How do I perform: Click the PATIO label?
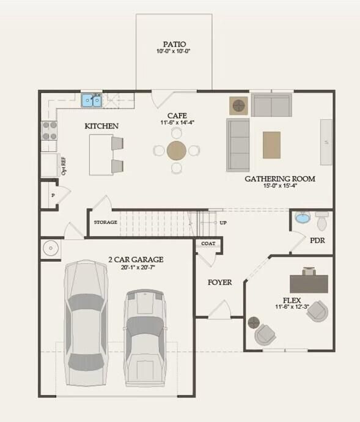[x=174, y=44]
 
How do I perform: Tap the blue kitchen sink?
[x=92, y=100]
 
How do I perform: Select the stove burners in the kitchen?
[x=50, y=130]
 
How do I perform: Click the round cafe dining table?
[x=177, y=150]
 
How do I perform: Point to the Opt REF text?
[x=64, y=166]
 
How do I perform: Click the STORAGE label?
[x=106, y=222]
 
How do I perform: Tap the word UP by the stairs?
[x=223, y=223]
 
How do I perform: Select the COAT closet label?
[x=208, y=243]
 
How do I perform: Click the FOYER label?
[x=220, y=283]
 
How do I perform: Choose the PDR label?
[x=317, y=240]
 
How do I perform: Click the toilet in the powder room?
[x=321, y=221]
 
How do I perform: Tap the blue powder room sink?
[x=303, y=218]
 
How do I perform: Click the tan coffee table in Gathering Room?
[x=272, y=145]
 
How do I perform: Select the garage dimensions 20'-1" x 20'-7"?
[x=138, y=267]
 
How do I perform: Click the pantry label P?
[x=53, y=195]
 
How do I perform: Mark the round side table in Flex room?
[x=254, y=322]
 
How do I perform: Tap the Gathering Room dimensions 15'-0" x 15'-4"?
[x=280, y=185]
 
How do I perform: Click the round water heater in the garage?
[x=51, y=248]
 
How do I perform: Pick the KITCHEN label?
[x=101, y=126]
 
